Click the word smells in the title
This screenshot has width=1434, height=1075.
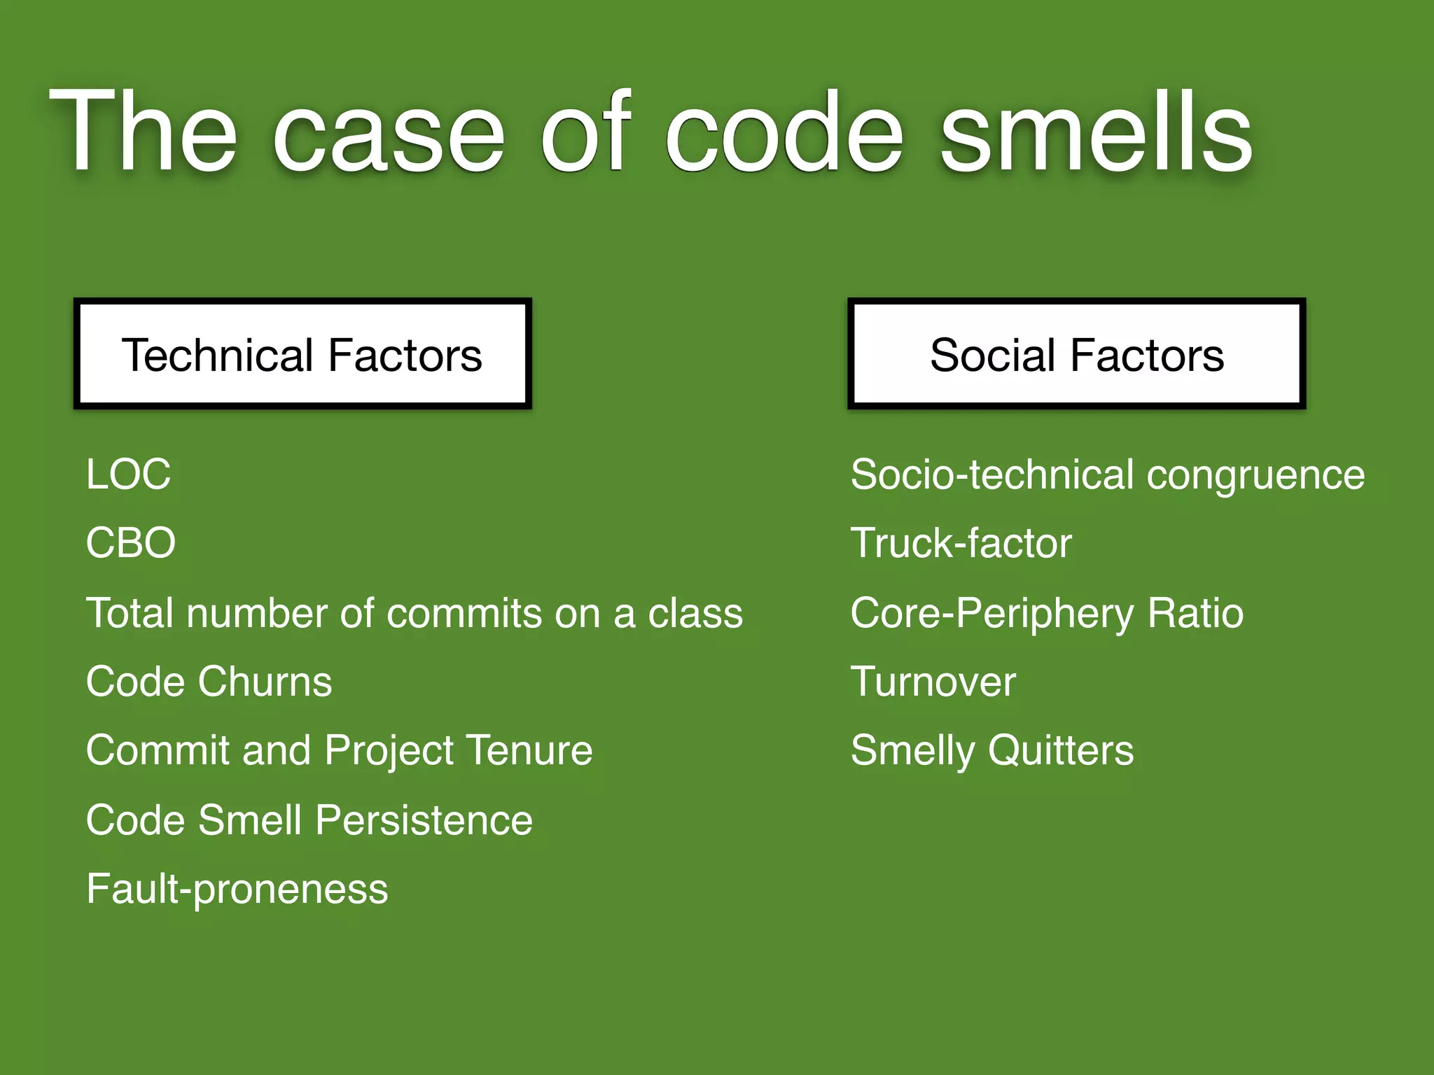[x=1096, y=133]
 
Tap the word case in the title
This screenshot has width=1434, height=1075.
[x=389, y=133]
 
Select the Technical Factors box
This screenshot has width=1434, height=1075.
[x=302, y=354]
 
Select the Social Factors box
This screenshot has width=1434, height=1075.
[x=1076, y=354]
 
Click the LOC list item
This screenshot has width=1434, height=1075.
[x=128, y=474]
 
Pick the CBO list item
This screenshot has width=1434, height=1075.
[x=130, y=543]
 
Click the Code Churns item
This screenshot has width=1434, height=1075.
[x=209, y=682]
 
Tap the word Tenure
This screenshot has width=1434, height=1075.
[x=529, y=750]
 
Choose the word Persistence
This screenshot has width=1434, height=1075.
[x=424, y=820]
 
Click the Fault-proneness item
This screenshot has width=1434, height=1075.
[x=237, y=889]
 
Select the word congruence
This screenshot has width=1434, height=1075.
[x=1255, y=475]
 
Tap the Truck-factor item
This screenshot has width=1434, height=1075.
[x=961, y=543]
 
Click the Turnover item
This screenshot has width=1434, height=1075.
[x=933, y=682]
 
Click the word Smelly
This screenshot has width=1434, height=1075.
[x=912, y=750]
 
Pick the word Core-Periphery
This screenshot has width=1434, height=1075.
[x=991, y=613]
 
